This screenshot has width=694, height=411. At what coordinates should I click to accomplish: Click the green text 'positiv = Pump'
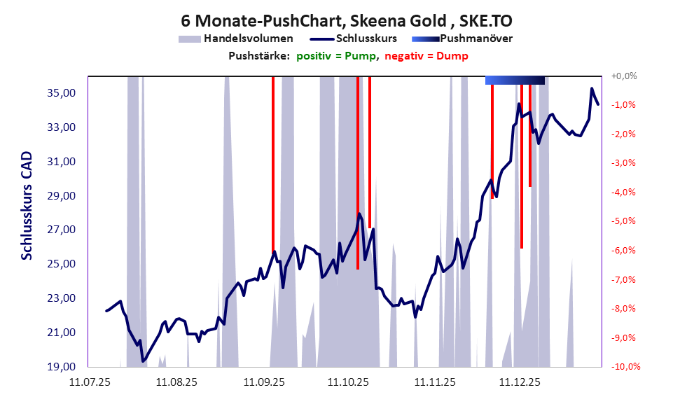click(x=337, y=56)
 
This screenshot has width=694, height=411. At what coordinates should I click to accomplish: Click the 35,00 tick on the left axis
click(x=60, y=93)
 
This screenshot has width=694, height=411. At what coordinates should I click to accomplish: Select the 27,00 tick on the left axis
click(x=60, y=230)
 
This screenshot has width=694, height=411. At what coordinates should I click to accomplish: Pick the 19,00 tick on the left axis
click(x=60, y=366)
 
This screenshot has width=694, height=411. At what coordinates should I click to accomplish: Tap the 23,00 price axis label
click(x=60, y=298)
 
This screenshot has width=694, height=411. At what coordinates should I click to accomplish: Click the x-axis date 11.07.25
click(x=88, y=382)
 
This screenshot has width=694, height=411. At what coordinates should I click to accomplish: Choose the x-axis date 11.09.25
click(x=264, y=382)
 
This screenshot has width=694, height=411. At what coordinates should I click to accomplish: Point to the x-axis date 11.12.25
click(x=519, y=382)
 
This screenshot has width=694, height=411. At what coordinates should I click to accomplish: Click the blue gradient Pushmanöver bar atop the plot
click(x=515, y=80)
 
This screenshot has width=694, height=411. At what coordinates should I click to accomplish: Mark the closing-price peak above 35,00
click(x=592, y=89)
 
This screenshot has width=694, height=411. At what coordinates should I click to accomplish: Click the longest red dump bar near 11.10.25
click(x=358, y=172)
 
